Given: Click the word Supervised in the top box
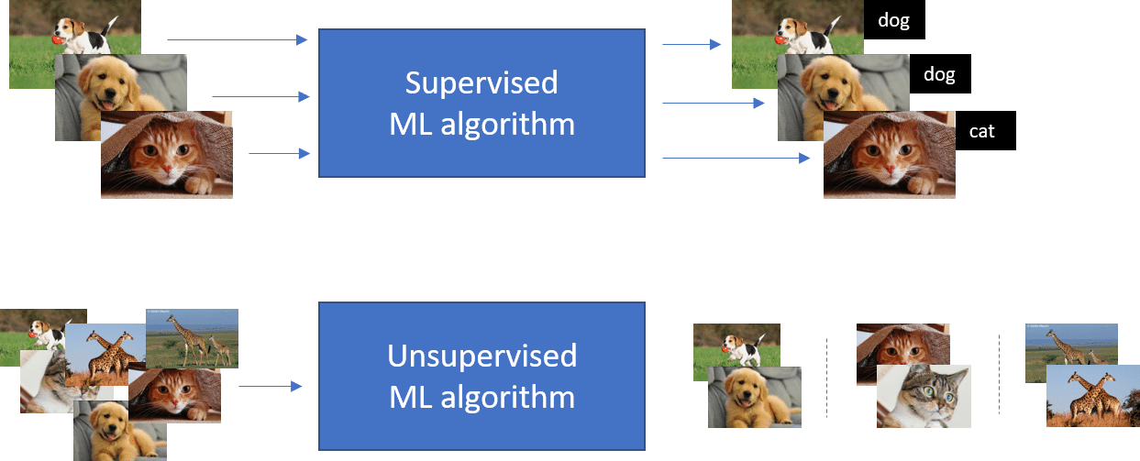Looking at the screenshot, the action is (x=481, y=82).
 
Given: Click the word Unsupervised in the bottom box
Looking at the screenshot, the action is (x=482, y=356).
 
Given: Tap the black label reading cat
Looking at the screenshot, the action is (x=986, y=131).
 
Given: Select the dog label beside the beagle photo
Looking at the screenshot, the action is (x=894, y=20).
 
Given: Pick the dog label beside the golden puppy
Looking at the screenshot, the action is (x=940, y=74).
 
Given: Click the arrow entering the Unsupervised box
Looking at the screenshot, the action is (x=271, y=386).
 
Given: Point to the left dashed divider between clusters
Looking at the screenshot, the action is (x=826, y=378).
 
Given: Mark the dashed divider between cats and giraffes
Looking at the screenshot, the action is (x=999, y=374).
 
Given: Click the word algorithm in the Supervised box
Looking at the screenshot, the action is (x=507, y=124).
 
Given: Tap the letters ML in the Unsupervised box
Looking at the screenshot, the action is (x=410, y=398).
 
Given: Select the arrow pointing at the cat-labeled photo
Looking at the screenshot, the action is (x=736, y=158).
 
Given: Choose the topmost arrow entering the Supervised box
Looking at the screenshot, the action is (x=238, y=39).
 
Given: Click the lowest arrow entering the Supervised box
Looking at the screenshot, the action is (x=280, y=153).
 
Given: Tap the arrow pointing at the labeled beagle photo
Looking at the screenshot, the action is (x=692, y=44).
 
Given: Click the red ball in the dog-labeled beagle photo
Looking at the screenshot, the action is (x=780, y=39).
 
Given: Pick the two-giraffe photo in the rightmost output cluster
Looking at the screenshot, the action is (x=1092, y=396).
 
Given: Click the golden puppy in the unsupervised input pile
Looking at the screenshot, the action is (x=120, y=431).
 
